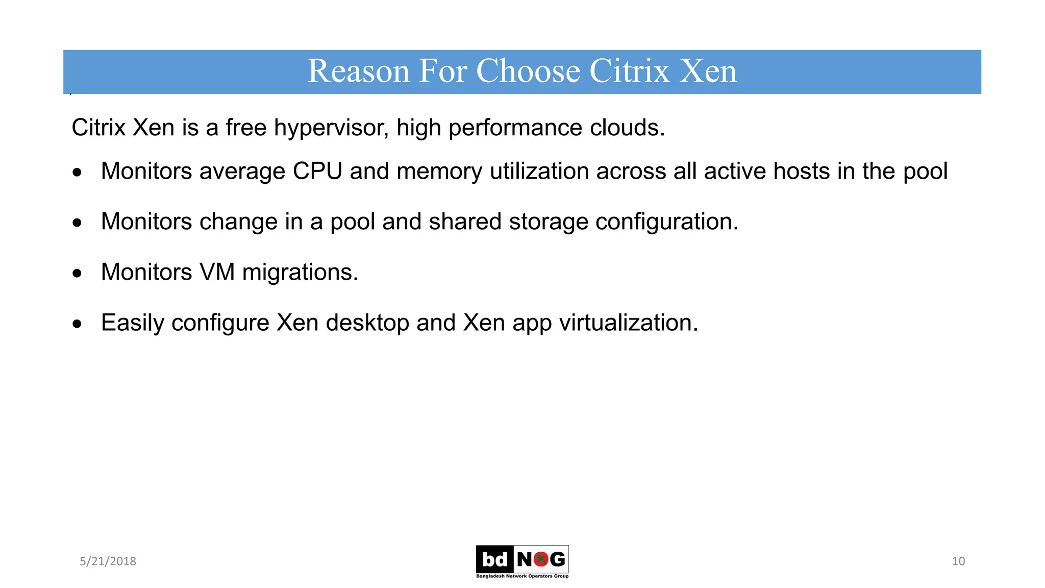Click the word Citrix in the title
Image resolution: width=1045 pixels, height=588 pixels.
[629, 71]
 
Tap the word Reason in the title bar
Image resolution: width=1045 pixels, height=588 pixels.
[358, 71]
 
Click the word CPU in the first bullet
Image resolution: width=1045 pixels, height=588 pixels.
[317, 171]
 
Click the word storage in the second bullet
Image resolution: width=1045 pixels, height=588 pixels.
[549, 222]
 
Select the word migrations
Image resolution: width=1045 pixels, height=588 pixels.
[300, 272]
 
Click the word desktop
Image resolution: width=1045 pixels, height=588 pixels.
[367, 323]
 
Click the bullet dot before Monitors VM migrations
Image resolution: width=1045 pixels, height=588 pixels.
[77, 274]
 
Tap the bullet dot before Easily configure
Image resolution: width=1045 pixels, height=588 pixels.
[77, 324]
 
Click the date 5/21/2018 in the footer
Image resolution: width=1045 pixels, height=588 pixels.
[108, 561]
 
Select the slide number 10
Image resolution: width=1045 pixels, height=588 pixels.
[958, 561]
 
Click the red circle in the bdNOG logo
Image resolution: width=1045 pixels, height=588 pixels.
[541, 559]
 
